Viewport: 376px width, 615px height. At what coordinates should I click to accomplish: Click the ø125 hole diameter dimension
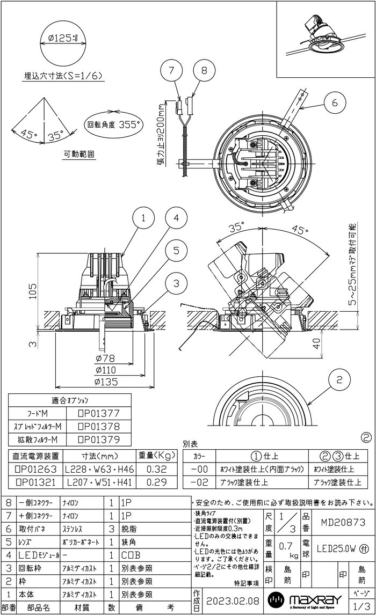point(62,39)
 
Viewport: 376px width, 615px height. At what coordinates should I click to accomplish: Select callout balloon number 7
point(172,70)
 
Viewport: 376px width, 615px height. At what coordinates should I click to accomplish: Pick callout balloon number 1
point(143,217)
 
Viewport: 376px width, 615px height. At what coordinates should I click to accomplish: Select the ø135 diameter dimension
point(106,382)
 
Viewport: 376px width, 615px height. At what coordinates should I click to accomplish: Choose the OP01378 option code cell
point(98,427)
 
